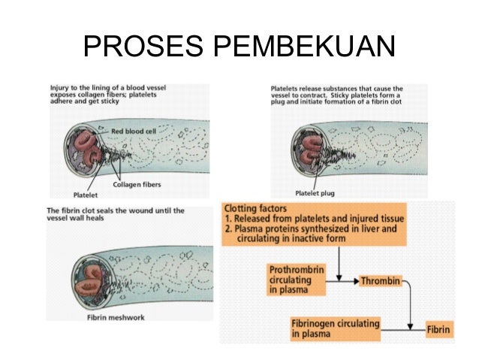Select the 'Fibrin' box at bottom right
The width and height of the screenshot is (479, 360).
[438, 328]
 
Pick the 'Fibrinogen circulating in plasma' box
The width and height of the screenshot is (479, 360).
[335, 328]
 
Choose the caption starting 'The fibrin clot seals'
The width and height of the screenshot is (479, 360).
[116, 215]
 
